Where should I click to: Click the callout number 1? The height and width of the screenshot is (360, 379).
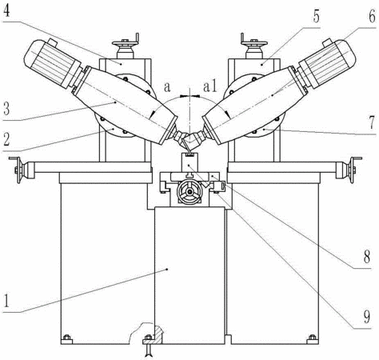coord(6,300)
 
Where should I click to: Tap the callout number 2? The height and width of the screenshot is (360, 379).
coord(6,139)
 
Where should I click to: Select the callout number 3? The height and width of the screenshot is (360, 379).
coord(6,109)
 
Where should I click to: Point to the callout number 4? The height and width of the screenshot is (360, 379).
coord(6,10)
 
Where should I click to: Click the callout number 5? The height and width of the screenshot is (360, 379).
coord(316,16)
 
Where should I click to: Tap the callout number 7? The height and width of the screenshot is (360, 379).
coord(373,122)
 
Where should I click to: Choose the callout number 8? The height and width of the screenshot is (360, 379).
coord(367,256)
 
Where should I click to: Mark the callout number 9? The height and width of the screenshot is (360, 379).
coord(367,317)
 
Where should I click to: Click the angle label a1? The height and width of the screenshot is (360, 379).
coord(210,87)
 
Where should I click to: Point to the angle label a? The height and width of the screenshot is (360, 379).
coord(167,87)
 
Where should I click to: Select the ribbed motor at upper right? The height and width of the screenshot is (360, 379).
coord(327,63)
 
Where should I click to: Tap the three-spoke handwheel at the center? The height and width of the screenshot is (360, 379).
coord(189,191)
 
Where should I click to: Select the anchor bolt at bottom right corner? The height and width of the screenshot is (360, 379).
coord(312,338)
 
